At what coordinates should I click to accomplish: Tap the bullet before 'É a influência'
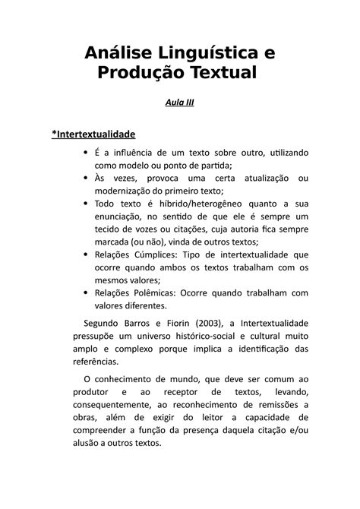(x=84, y=153)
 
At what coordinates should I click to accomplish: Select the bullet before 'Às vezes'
(x=84, y=179)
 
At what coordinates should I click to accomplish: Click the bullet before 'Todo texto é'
(x=84, y=204)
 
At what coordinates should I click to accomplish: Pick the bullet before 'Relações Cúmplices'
(x=84, y=256)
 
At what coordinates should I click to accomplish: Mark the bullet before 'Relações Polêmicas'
(x=84, y=292)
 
